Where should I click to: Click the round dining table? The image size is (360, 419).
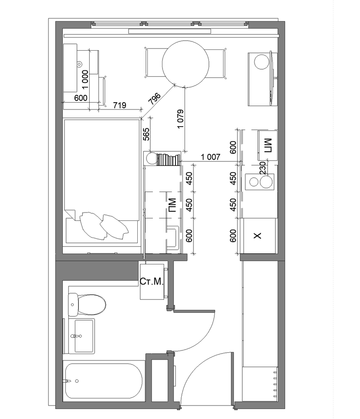185,64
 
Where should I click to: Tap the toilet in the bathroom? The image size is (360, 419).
87,305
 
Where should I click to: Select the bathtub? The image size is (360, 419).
104,381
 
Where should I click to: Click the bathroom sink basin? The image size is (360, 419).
84,336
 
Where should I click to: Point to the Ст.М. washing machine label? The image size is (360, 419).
152,282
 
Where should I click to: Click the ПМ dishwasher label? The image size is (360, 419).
172,205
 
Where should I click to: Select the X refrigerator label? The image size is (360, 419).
257,235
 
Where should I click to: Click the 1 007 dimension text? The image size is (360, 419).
211,157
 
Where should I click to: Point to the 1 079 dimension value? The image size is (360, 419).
181,119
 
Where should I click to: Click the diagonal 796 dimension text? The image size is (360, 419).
154,98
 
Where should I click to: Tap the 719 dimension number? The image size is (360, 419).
119,105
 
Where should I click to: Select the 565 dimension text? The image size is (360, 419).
146,134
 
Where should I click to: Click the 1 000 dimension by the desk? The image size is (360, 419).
85,79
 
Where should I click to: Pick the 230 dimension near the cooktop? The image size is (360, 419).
263,168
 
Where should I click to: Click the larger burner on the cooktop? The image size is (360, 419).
266,182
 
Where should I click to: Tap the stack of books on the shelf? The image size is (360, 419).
168,160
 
